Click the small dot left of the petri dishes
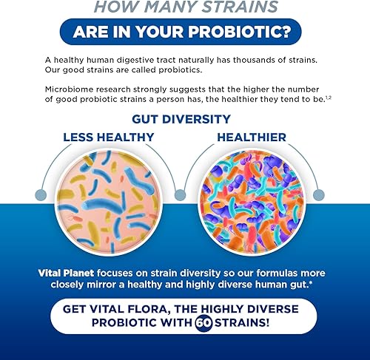point(51,195)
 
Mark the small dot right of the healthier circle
point(318,195)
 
